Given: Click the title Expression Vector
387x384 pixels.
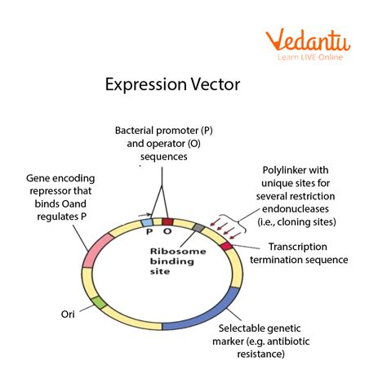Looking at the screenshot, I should pyautogui.click(x=171, y=85).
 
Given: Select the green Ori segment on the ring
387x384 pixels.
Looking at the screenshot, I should pyautogui.click(x=98, y=303).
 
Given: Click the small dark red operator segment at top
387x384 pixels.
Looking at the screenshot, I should pyautogui.click(x=167, y=221).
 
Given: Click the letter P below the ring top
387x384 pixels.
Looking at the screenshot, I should pyautogui.click(x=149, y=232).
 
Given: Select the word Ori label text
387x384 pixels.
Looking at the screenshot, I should pyautogui.click(x=69, y=314).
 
